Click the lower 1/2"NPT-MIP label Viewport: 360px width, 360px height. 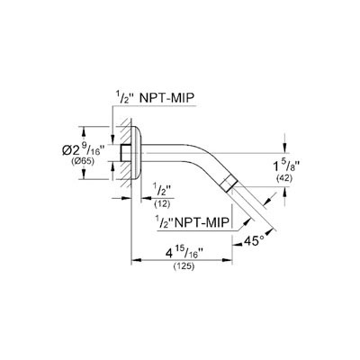(x=193, y=223)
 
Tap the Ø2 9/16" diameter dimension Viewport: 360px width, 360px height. (x=84, y=148)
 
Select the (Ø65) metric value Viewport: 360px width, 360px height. (x=83, y=161)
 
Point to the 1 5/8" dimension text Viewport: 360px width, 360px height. (x=287, y=166)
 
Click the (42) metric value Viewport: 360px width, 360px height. (x=283, y=178)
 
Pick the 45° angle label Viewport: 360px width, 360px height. (x=254, y=241)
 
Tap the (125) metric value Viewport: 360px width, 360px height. (x=184, y=266)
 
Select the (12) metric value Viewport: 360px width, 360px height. (x=162, y=204)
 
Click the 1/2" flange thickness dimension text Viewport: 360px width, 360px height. (x=162, y=191)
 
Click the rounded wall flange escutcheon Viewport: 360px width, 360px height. (x=138, y=153)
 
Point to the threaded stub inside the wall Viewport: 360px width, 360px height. (x=126, y=153)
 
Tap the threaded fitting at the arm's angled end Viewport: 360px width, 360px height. (x=228, y=183)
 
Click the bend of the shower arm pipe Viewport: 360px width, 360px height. (x=204, y=157)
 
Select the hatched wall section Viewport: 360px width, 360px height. (x=126, y=153)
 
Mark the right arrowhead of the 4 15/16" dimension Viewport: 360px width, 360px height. (x=227, y=260)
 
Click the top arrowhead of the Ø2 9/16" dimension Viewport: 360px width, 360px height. (x=84, y=131)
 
